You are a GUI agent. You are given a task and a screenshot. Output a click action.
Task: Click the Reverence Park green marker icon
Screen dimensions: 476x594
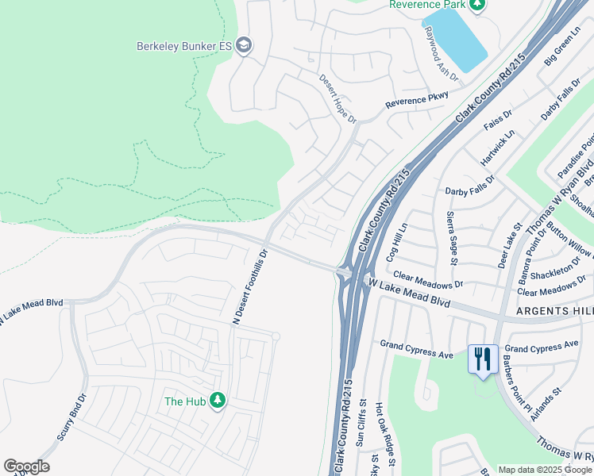coord(477,6)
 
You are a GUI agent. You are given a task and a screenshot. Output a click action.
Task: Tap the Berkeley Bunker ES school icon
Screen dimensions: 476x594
coord(245,45)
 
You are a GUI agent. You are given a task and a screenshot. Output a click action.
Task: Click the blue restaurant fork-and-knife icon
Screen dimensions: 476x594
coord(483,359)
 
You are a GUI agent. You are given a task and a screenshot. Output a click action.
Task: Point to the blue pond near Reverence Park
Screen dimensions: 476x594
coord(456,39)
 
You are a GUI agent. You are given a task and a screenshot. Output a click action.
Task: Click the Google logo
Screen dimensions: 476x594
coord(26,466)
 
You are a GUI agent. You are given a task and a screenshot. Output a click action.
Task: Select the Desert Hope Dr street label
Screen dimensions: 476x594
coord(338,98)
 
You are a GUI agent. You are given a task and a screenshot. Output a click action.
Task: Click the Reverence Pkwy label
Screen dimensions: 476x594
coord(417,100)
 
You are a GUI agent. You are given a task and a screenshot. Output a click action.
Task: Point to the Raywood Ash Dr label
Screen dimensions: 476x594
coord(442,55)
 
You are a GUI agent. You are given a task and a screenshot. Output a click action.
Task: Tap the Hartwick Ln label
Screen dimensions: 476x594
coord(497,148)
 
